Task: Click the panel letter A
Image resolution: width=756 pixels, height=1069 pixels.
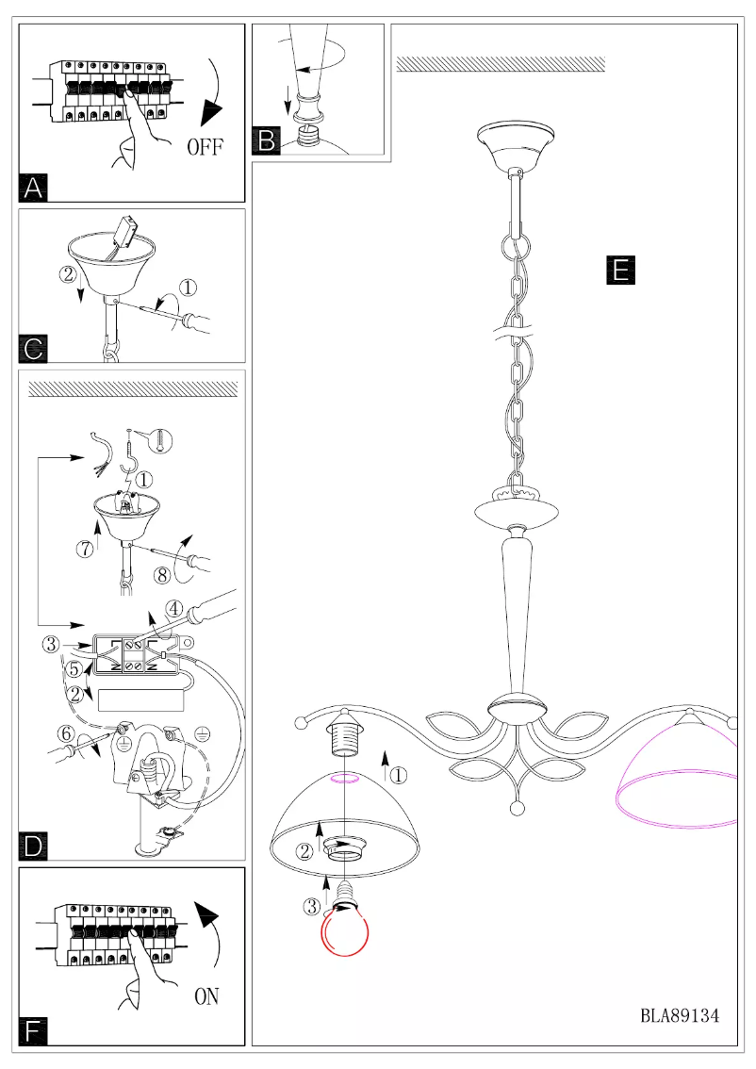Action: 34,188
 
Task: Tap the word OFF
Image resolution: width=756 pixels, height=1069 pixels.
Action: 205,147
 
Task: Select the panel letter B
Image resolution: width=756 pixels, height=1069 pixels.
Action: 267,141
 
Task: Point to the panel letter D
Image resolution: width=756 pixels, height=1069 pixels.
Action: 34,845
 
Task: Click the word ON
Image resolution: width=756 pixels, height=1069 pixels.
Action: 206,995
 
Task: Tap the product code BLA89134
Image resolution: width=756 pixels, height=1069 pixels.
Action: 680,1015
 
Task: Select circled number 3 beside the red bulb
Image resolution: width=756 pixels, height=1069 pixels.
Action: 311,908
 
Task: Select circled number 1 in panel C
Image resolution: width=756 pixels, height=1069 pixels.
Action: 189,286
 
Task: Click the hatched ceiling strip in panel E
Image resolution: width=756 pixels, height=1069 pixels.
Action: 500,64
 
